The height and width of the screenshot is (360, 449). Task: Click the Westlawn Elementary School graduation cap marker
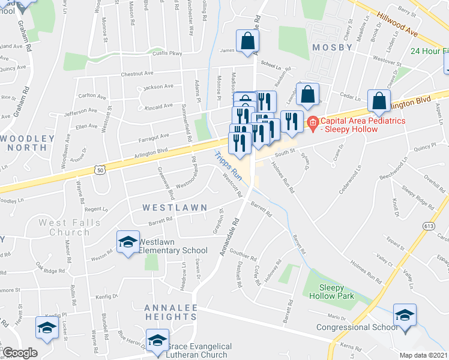127,242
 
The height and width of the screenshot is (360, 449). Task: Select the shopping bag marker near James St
247,41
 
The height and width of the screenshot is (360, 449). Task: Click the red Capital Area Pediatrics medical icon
312,123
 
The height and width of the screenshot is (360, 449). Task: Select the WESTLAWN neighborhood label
166,207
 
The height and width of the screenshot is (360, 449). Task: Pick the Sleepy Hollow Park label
331,291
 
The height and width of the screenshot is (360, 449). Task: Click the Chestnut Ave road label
137,74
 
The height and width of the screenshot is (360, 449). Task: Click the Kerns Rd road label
348,348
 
